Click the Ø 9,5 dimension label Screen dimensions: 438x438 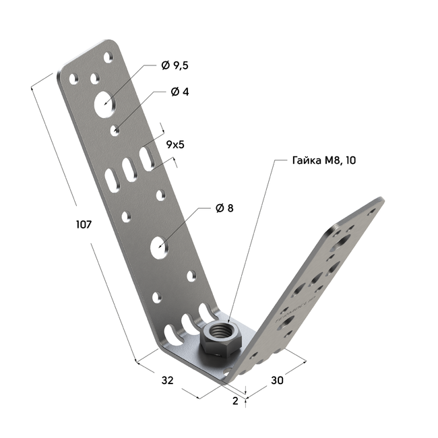[175, 65]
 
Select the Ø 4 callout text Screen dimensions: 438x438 [180, 92]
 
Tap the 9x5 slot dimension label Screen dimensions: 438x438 [175, 144]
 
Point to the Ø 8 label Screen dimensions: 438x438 [224, 208]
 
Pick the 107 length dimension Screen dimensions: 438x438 [84, 224]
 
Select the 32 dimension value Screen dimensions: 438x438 [168, 380]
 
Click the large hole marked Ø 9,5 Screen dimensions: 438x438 [104, 103]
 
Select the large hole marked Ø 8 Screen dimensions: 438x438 [160, 246]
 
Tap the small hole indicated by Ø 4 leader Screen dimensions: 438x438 [117, 127]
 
